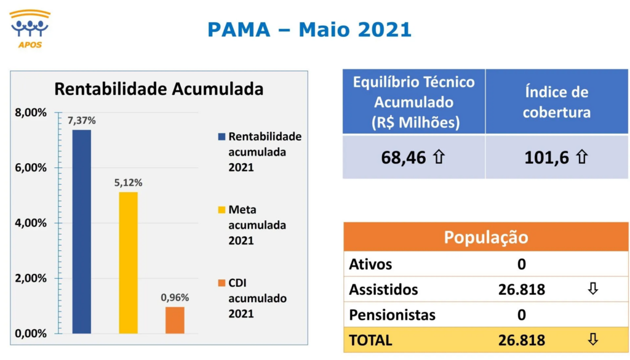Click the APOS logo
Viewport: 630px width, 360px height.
30,29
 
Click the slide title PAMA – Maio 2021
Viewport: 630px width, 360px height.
309,30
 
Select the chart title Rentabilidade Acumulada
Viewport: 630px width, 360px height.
159,89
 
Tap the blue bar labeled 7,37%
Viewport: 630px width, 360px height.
82,231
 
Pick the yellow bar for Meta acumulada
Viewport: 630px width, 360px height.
128,263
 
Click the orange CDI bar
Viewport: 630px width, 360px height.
175,320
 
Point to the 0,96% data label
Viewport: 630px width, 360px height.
175,298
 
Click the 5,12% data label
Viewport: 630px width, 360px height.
128,183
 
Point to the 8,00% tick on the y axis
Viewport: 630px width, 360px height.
31,113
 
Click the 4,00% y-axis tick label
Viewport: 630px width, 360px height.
31,223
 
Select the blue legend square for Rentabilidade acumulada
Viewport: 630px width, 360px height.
221,137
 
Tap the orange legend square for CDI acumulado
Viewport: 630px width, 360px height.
221,283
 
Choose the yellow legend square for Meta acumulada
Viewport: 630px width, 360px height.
221,210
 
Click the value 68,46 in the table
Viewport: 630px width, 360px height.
404,158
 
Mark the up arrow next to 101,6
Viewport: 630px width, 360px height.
582,157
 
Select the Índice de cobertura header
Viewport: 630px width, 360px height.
556,102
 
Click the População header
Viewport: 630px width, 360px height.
486,238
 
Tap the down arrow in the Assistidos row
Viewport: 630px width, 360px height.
593,289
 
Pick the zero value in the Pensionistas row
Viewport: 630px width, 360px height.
522,314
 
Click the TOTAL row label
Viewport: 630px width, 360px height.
370,340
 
